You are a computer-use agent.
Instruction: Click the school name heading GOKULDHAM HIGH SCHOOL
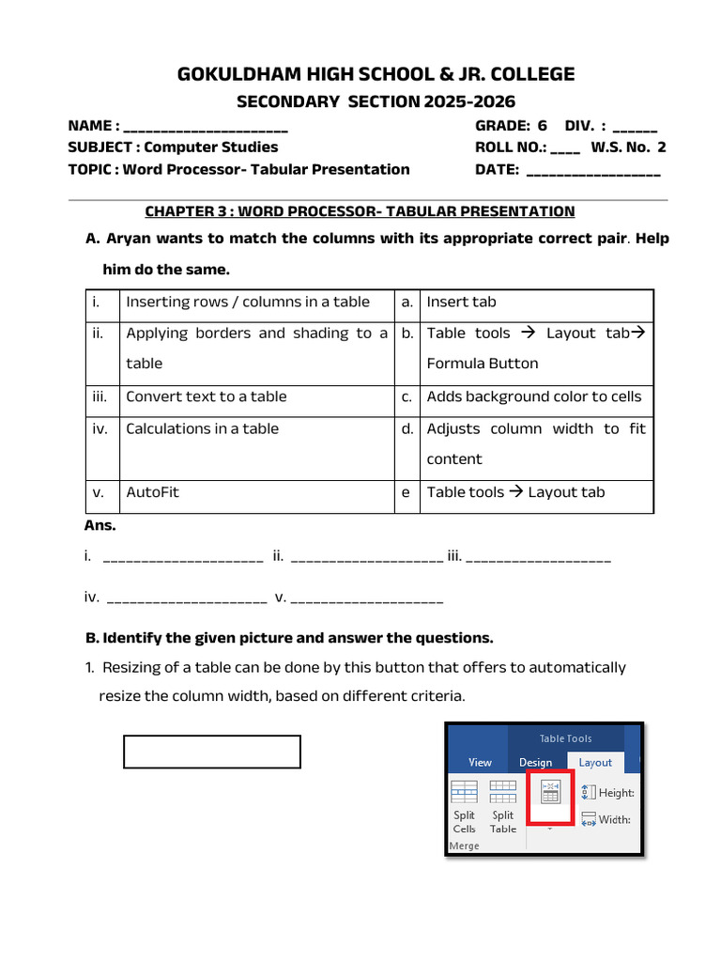click(x=376, y=74)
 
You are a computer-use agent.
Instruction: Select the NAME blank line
click(x=206, y=126)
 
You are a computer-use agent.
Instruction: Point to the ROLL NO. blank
click(x=565, y=147)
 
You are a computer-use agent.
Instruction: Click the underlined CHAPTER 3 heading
click(x=360, y=211)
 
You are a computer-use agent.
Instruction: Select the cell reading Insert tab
click(x=461, y=302)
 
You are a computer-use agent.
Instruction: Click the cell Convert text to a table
click(x=207, y=396)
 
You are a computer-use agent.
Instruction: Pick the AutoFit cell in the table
click(x=152, y=492)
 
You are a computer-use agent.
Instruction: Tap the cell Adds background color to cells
click(x=533, y=396)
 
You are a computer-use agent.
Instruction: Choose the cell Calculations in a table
click(x=203, y=428)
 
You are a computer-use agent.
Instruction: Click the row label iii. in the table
click(x=100, y=396)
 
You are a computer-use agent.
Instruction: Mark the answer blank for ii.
click(x=367, y=557)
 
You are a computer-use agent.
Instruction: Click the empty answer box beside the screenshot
click(x=212, y=752)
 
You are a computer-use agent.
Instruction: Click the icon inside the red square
click(x=551, y=795)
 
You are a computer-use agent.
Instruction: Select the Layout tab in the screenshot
click(x=595, y=763)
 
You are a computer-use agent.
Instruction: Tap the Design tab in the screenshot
click(x=536, y=763)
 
